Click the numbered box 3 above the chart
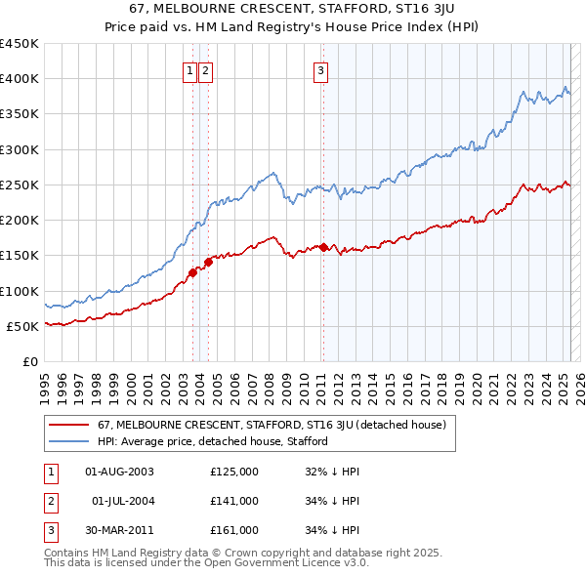tap(320, 69)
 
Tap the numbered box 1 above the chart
tap(189, 69)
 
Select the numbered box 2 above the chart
tap(207, 69)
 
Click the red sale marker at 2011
tap(324, 247)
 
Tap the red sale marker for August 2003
tap(192, 272)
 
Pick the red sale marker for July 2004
tap(208, 262)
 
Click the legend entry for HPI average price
tap(212, 441)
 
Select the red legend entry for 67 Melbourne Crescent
tap(272, 425)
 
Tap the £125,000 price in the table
tap(234, 472)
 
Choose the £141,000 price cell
tap(234, 501)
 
